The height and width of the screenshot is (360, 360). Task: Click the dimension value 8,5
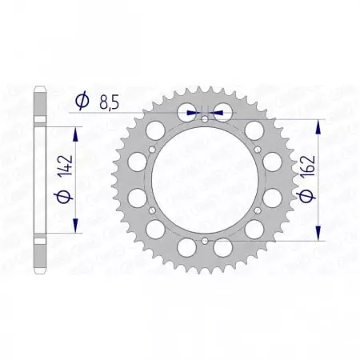tap(111, 101)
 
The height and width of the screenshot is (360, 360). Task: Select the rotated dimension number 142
tap(78, 170)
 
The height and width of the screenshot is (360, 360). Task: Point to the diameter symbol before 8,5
tap(82, 101)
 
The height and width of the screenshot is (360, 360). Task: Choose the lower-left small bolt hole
tap(153, 210)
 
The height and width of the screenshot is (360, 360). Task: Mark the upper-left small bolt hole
tap(153, 150)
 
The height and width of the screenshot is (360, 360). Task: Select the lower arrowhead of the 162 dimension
tap(320, 234)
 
